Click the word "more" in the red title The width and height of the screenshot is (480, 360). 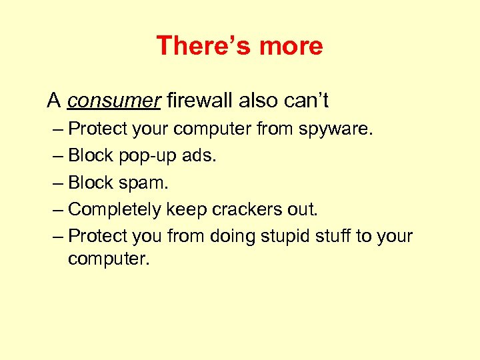(x=291, y=46)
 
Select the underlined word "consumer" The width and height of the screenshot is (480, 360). (x=114, y=101)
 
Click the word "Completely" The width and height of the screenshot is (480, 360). (x=115, y=209)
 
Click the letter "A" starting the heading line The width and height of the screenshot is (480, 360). (x=54, y=101)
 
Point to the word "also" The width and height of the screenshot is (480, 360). (x=252, y=101)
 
